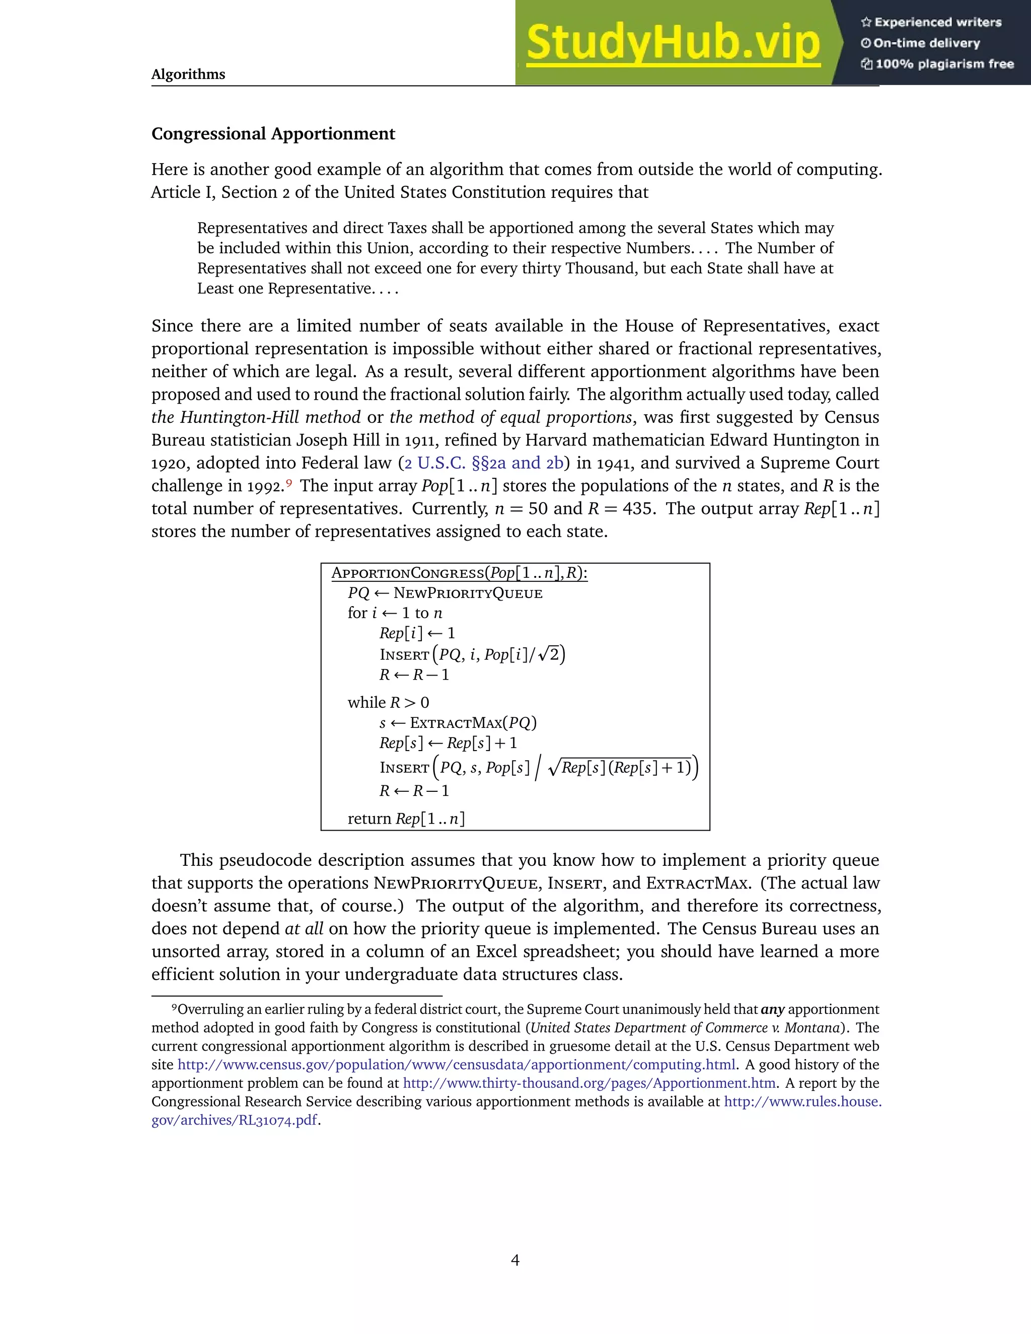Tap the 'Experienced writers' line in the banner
tap(931, 22)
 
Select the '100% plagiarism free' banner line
tap(937, 64)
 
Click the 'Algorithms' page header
tap(188, 74)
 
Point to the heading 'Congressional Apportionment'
tap(273, 134)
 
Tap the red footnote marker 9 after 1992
tap(289, 483)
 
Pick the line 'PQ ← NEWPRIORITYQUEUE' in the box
tap(445, 593)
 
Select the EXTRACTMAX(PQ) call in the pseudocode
tap(473, 723)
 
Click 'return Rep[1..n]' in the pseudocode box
tap(406, 819)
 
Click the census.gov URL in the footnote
tap(456, 1065)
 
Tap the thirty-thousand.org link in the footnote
tap(589, 1083)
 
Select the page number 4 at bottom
tap(515, 1260)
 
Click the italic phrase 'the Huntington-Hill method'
tap(256, 417)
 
